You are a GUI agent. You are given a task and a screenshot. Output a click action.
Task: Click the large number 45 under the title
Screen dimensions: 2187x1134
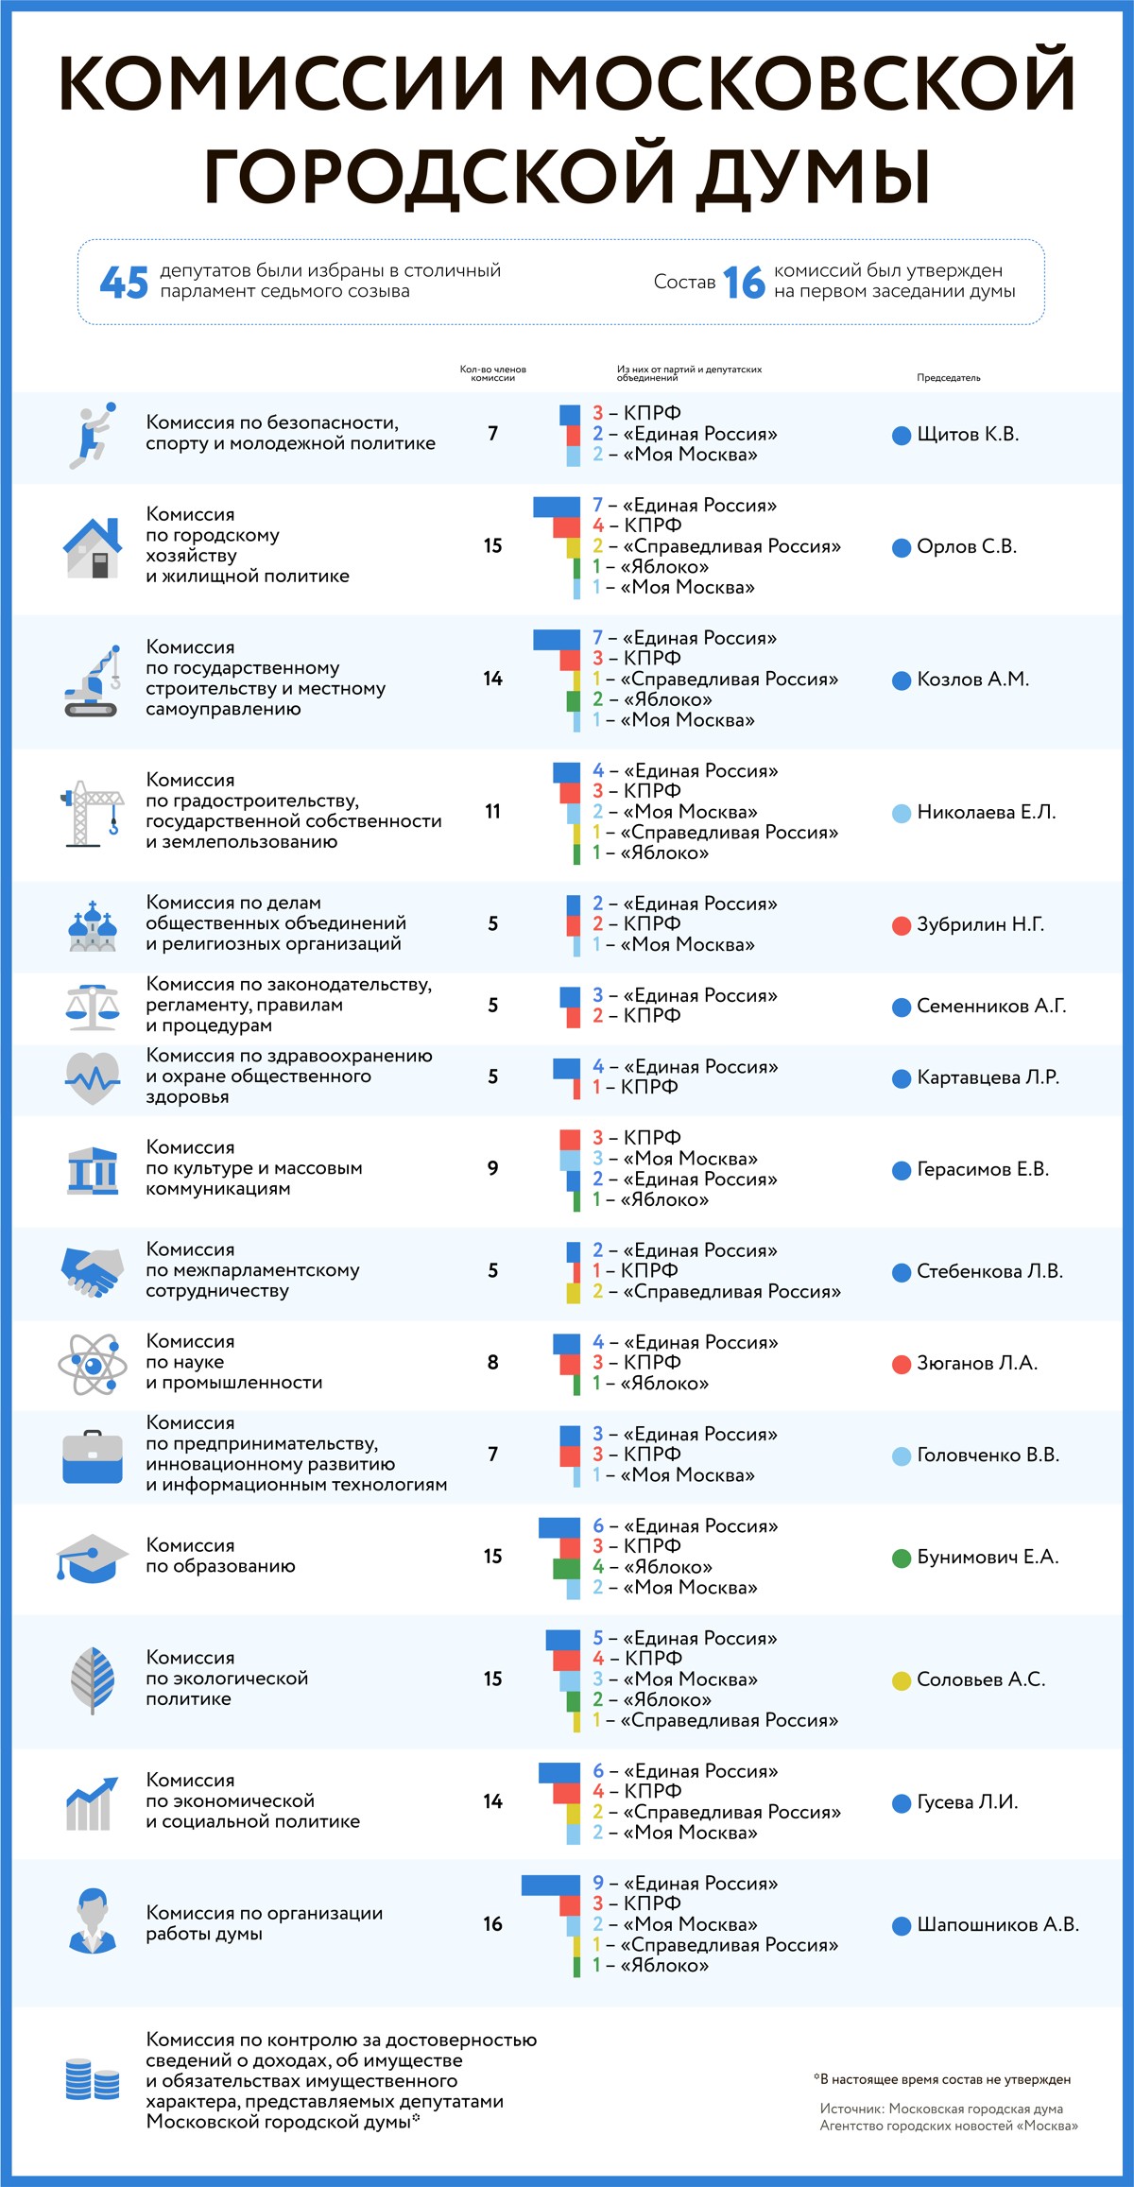click(124, 282)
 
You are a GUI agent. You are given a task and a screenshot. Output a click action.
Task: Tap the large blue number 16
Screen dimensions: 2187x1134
click(744, 282)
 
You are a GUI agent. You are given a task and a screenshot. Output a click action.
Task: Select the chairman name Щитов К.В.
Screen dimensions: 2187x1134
click(968, 435)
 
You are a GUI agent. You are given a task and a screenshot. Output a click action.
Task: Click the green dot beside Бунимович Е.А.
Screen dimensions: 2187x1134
click(902, 1558)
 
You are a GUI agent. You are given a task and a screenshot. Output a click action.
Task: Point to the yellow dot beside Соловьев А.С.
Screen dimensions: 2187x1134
click(902, 1680)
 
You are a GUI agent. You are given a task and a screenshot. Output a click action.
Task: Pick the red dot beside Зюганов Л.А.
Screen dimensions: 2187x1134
click(902, 1364)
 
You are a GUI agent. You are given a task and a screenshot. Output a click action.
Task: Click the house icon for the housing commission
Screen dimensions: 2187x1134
click(93, 547)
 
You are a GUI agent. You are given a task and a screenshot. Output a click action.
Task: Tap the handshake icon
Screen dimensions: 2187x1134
click(93, 1271)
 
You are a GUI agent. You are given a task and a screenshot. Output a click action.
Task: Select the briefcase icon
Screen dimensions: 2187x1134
click(93, 1456)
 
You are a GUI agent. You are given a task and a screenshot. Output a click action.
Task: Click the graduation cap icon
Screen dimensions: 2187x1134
click(92, 1558)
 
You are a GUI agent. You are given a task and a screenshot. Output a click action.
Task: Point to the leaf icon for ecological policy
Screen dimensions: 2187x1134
click(93, 1679)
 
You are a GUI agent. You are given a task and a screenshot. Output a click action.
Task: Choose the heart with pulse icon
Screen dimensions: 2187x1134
click(93, 1077)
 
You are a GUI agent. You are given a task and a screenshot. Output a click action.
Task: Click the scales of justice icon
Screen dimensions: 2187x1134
click(93, 1007)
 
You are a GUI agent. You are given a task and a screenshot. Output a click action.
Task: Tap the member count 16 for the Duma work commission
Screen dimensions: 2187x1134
click(492, 1924)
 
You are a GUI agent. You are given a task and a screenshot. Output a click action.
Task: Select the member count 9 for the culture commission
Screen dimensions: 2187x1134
click(492, 1169)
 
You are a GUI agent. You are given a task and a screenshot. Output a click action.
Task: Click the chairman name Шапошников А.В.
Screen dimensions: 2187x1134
click(998, 1925)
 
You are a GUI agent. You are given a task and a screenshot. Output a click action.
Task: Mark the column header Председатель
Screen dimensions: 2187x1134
click(948, 378)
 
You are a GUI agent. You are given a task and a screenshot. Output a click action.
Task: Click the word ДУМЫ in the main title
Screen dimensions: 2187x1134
click(814, 175)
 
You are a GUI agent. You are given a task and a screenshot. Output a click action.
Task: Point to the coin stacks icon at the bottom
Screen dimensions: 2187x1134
click(93, 2079)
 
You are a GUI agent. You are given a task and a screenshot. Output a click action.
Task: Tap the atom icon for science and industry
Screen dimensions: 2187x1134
click(93, 1364)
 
